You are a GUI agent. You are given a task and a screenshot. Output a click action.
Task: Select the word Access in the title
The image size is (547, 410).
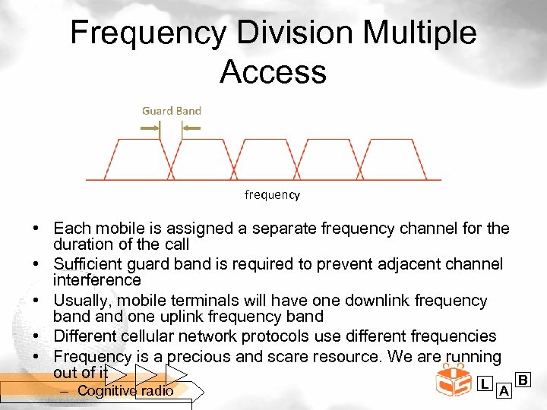[273, 72]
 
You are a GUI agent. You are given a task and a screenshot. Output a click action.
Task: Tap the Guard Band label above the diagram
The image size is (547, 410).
[172, 111]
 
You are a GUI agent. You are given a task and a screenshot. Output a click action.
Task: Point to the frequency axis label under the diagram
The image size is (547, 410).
[272, 195]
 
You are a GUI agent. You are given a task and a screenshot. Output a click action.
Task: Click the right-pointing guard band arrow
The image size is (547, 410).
[150, 128]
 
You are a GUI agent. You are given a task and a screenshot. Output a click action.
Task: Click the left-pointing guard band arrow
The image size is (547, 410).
[191, 128]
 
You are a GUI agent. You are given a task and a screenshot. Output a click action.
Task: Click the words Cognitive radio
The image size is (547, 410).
[125, 391]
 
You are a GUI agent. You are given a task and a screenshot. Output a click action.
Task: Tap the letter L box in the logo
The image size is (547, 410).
[484, 384]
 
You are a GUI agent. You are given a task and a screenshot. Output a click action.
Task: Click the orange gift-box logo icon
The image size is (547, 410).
[454, 380]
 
